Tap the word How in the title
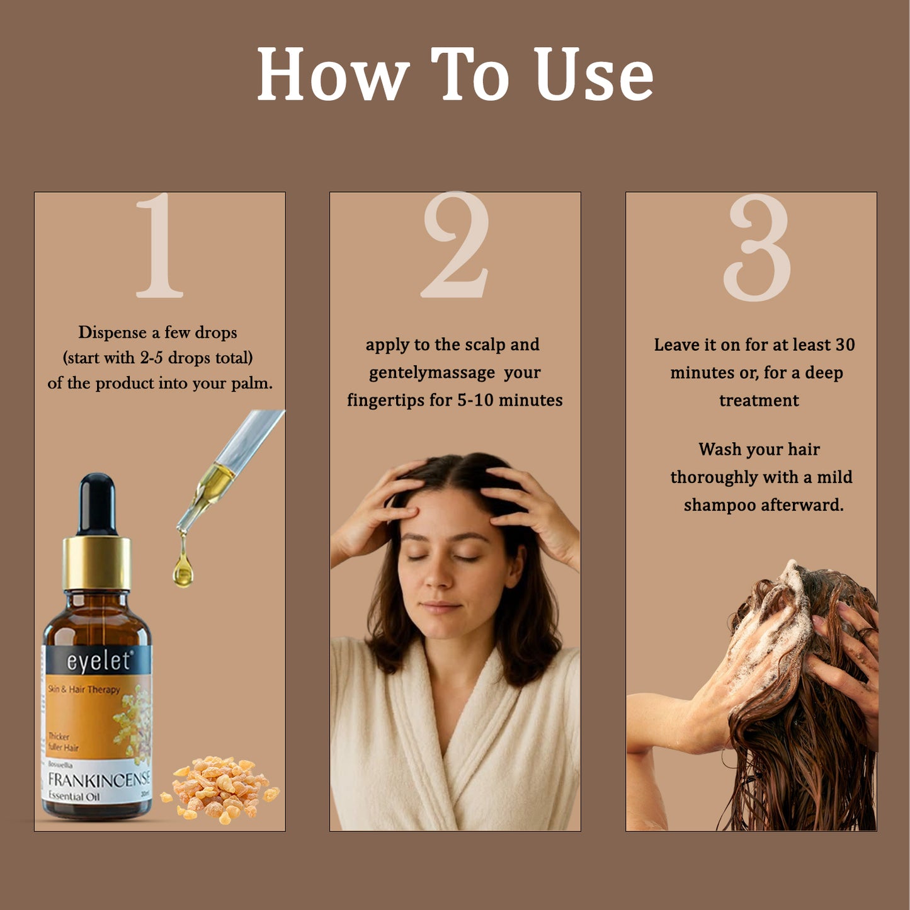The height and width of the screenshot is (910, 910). (x=333, y=75)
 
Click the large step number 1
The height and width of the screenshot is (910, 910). (x=160, y=246)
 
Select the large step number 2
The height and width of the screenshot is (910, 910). (x=455, y=246)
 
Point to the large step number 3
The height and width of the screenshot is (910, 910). (x=757, y=247)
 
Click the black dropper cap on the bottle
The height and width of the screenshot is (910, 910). (x=97, y=504)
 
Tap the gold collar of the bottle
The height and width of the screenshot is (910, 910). (x=96, y=562)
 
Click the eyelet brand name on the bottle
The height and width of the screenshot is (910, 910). (x=98, y=661)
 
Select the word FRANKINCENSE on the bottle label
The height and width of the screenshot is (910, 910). (x=98, y=780)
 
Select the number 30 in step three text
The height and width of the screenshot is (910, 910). (x=845, y=345)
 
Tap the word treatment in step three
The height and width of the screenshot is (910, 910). (x=759, y=401)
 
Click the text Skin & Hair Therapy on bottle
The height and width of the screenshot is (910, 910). (x=84, y=690)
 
